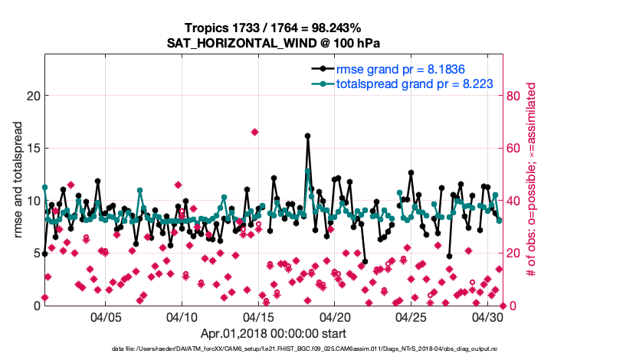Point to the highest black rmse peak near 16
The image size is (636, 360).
(307, 136)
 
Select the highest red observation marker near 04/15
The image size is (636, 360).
(254, 132)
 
